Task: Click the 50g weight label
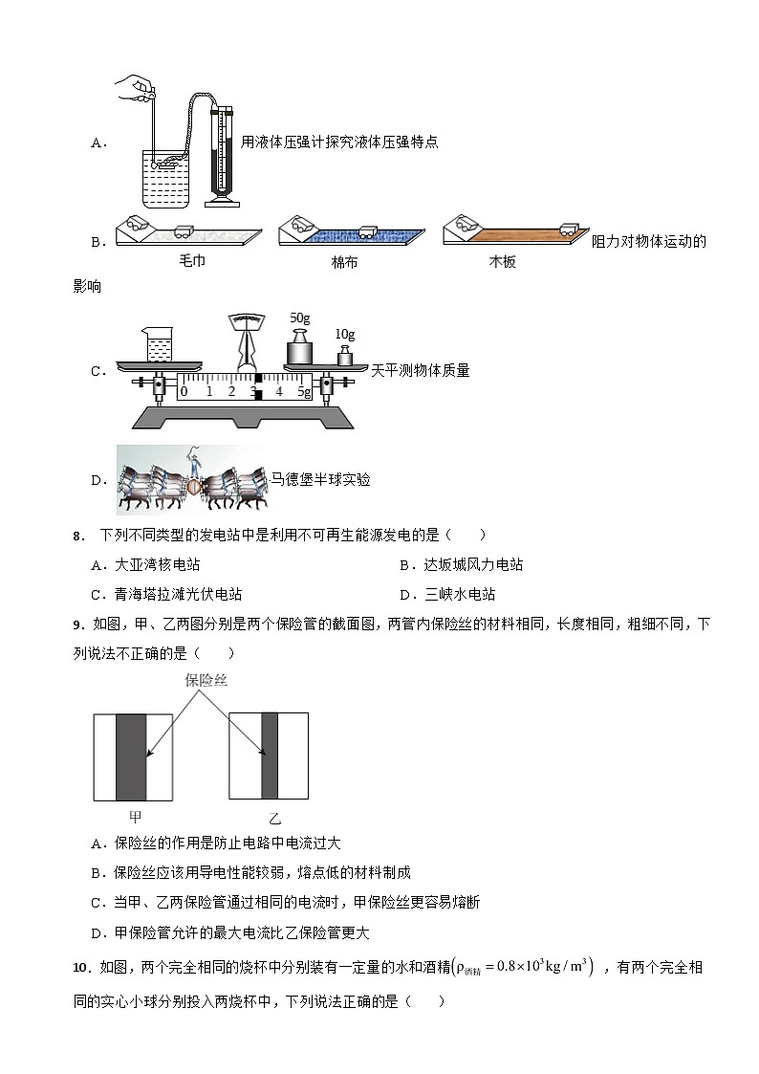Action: coord(300,317)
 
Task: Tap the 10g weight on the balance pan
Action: coord(344,355)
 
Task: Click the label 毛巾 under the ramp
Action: coord(192,261)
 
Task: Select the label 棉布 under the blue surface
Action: coord(344,261)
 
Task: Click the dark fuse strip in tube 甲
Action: coord(131,756)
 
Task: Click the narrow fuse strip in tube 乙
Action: coord(269,756)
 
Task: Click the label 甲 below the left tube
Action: coord(135,817)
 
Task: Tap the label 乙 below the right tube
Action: coord(275,818)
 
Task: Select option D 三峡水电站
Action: coord(448,594)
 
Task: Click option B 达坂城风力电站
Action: coord(462,565)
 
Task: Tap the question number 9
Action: coord(78,625)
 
